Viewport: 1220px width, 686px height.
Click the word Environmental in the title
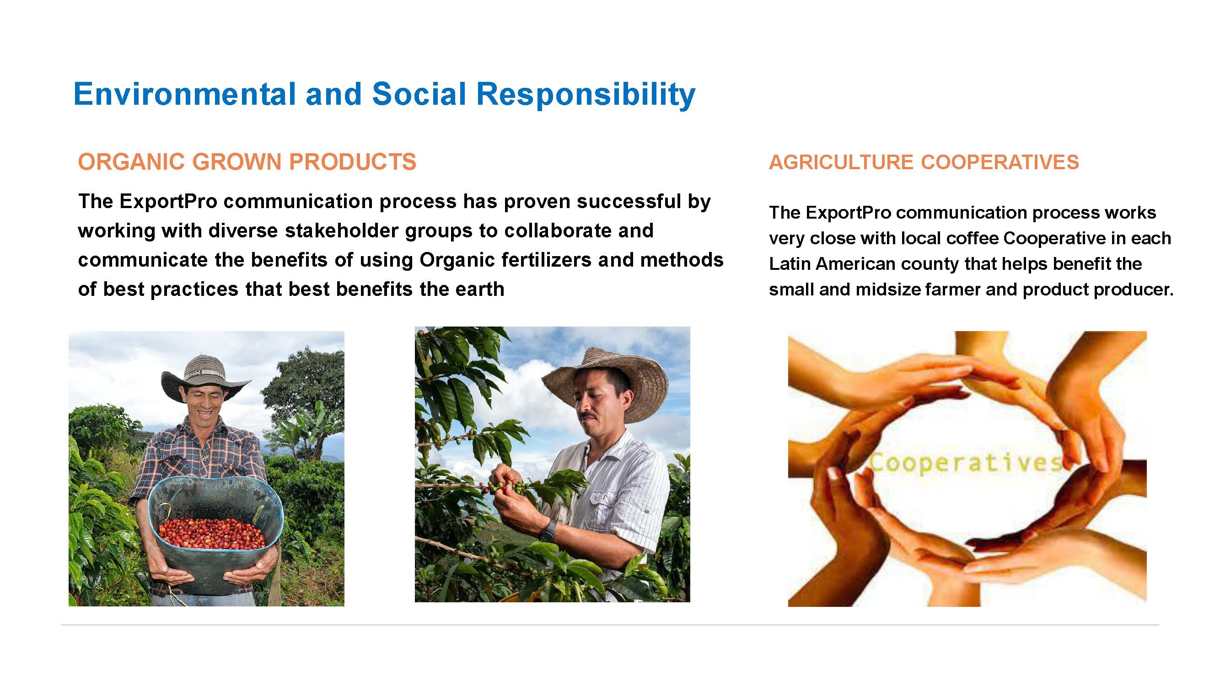point(185,94)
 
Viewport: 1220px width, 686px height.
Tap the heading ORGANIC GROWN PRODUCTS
point(247,162)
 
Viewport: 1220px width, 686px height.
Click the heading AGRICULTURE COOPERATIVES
point(924,162)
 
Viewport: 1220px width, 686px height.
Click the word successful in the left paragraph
point(629,202)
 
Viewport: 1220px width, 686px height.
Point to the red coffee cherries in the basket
point(212,534)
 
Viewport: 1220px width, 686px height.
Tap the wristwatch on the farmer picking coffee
point(548,531)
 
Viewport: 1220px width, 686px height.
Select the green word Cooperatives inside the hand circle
point(966,463)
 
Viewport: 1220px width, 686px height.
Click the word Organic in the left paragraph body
point(457,260)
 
